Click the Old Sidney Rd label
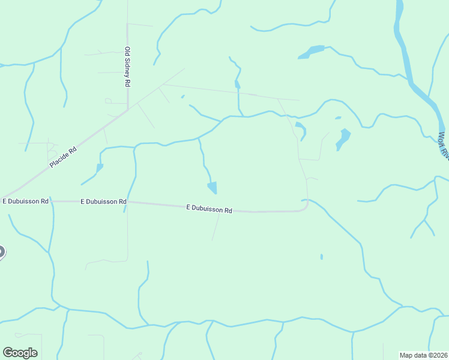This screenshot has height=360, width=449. [x=127, y=68]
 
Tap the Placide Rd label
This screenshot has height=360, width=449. [x=64, y=157]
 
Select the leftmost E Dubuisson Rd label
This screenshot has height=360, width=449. [x=25, y=202]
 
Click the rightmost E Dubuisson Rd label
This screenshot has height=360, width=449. [x=209, y=209]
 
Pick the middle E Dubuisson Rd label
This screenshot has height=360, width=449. [x=103, y=202]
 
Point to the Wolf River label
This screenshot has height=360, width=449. [x=444, y=145]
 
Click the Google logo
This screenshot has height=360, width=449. [x=20, y=353]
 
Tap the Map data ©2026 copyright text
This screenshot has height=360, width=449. [x=424, y=355]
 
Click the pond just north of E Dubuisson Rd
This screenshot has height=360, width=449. [x=212, y=188]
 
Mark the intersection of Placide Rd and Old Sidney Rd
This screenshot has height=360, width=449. [x=128, y=109]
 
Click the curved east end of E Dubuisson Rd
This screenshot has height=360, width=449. [x=306, y=206]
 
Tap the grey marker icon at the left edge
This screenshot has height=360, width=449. [x=1, y=252]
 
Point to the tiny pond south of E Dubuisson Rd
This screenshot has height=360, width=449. [x=322, y=257]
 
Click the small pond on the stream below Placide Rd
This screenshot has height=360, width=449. [x=100, y=168]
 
